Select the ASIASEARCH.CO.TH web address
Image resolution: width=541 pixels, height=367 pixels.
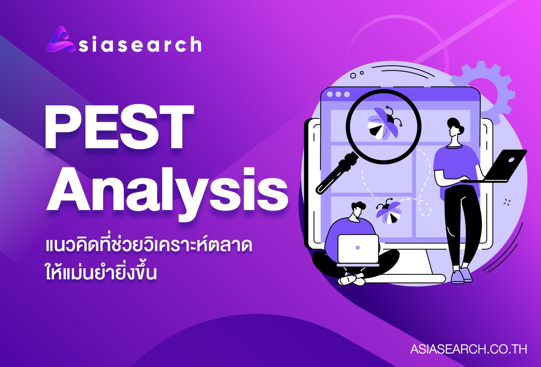tap(469, 349)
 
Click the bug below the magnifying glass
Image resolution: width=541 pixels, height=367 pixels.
tap(389, 211)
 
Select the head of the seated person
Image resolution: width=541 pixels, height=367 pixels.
tap(358, 212)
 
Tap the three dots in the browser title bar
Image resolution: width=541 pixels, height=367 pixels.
tap(338, 94)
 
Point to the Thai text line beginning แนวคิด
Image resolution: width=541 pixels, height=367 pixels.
tap(149, 246)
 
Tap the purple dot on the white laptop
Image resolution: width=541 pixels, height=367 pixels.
tap(358, 248)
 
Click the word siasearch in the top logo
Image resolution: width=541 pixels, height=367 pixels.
tap(140, 44)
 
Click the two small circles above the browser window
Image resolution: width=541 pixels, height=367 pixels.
tap(357, 74)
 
